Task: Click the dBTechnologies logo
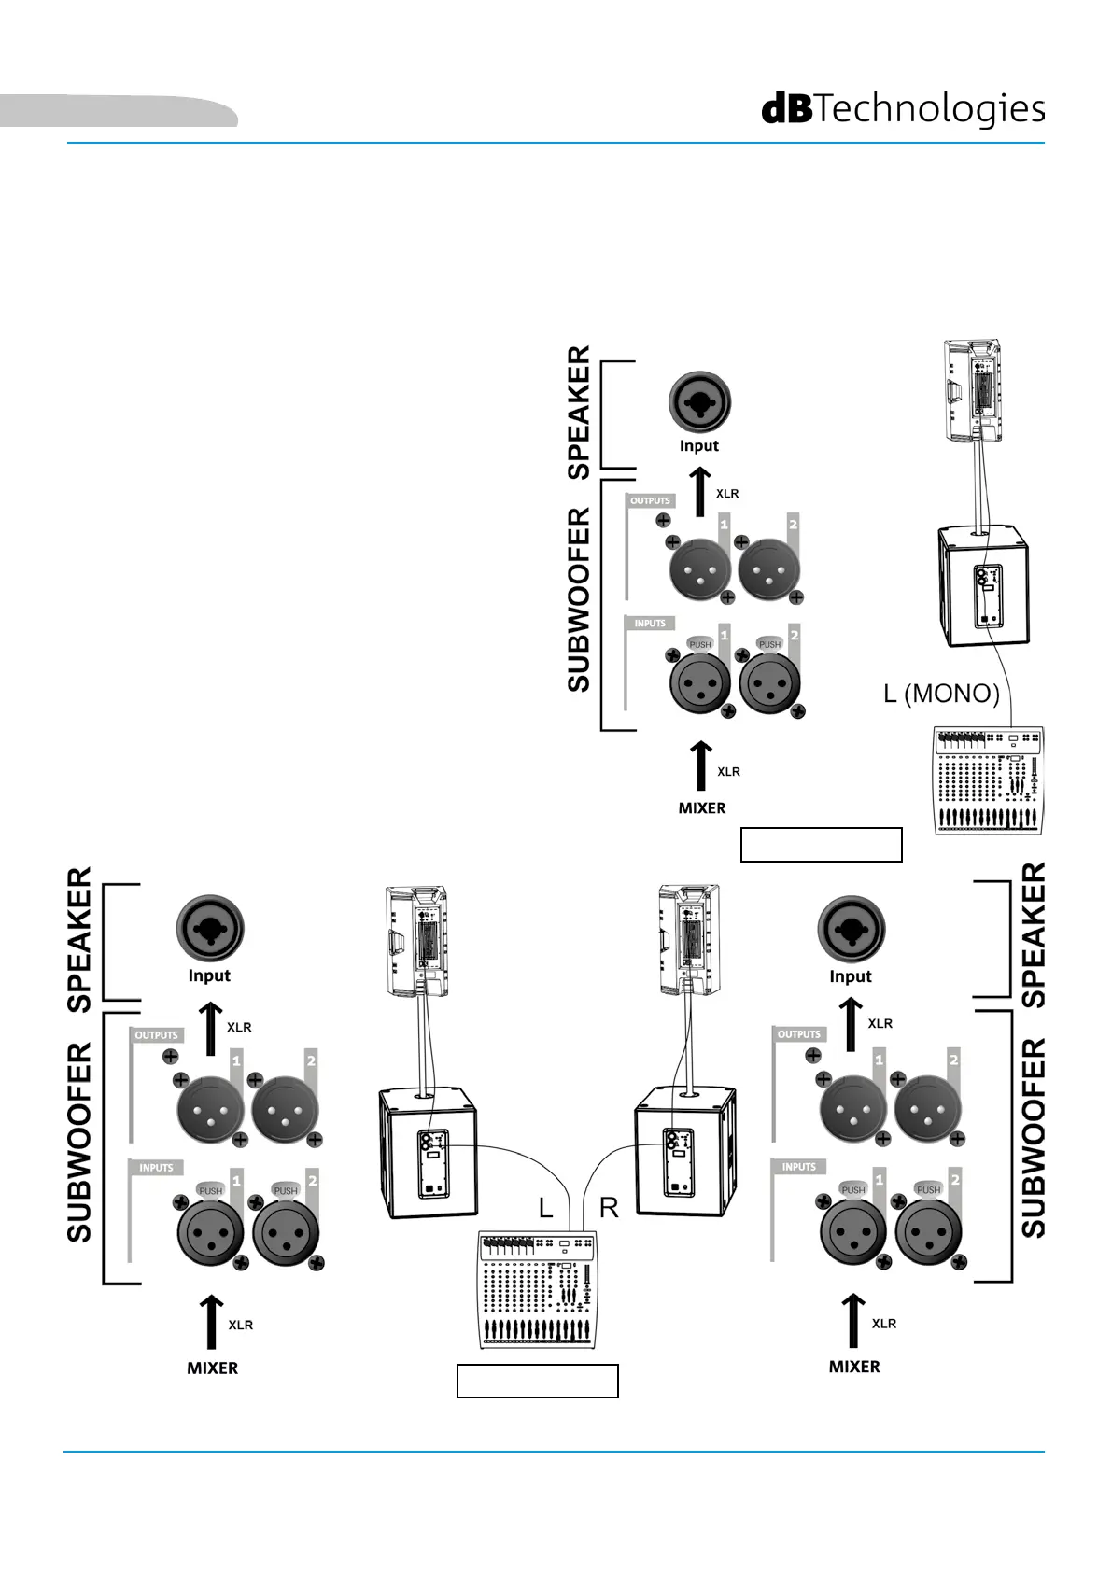(x=903, y=109)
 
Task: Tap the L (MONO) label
(x=941, y=694)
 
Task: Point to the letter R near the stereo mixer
(x=609, y=1208)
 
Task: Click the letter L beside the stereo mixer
(x=545, y=1208)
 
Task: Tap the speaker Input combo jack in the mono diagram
(x=699, y=402)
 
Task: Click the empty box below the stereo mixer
(x=538, y=1382)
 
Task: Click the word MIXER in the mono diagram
(x=702, y=807)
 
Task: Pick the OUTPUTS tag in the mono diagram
(x=650, y=500)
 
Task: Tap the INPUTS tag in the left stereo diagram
(x=156, y=1168)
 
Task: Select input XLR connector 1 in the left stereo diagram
(x=211, y=1233)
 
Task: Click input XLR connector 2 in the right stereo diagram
(x=929, y=1232)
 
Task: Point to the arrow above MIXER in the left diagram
(x=210, y=1322)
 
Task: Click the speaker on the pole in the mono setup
(x=971, y=390)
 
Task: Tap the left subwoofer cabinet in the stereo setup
(x=428, y=1152)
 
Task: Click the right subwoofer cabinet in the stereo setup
(x=685, y=1152)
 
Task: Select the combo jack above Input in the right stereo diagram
(x=852, y=929)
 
